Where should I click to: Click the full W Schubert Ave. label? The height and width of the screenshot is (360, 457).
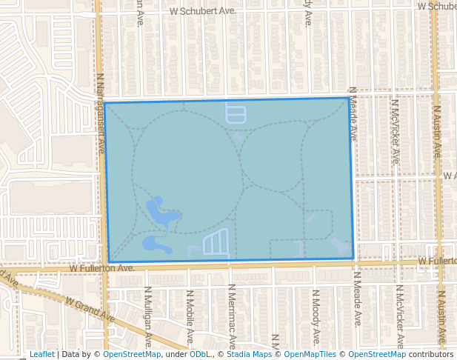tap(202, 11)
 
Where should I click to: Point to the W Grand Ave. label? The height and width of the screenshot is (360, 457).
tap(90, 310)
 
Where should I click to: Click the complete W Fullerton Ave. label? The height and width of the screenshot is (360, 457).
tap(102, 267)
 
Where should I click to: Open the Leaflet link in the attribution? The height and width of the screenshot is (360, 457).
tap(41, 354)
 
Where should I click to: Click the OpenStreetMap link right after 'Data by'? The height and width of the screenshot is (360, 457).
tap(131, 354)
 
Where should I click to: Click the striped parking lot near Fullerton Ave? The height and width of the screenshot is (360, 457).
tap(215, 242)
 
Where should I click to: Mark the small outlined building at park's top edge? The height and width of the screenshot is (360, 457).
tap(235, 113)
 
